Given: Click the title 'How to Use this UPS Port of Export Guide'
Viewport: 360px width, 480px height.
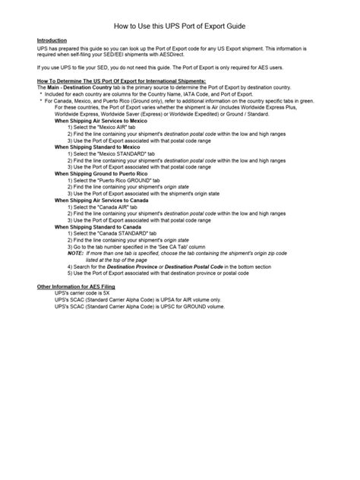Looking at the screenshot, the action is (180, 24).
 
